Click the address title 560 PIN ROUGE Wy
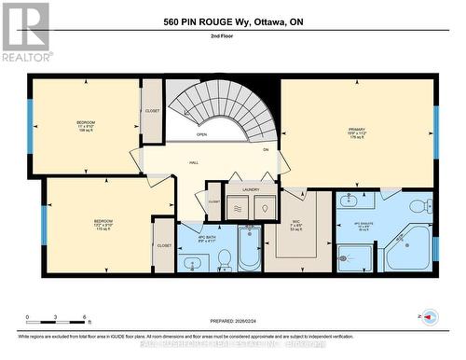coord(233,21)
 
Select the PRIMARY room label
coord(357,130)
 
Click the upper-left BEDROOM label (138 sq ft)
coord(86,125)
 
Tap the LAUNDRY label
coord(251,189)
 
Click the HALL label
coord(194,162)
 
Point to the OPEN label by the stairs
coord(201,134)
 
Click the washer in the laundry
coord(239,209)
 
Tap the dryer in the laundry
coord(264,209)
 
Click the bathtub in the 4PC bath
coord(249,249)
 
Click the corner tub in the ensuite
coord(409,247)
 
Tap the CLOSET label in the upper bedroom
coord(153,111)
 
